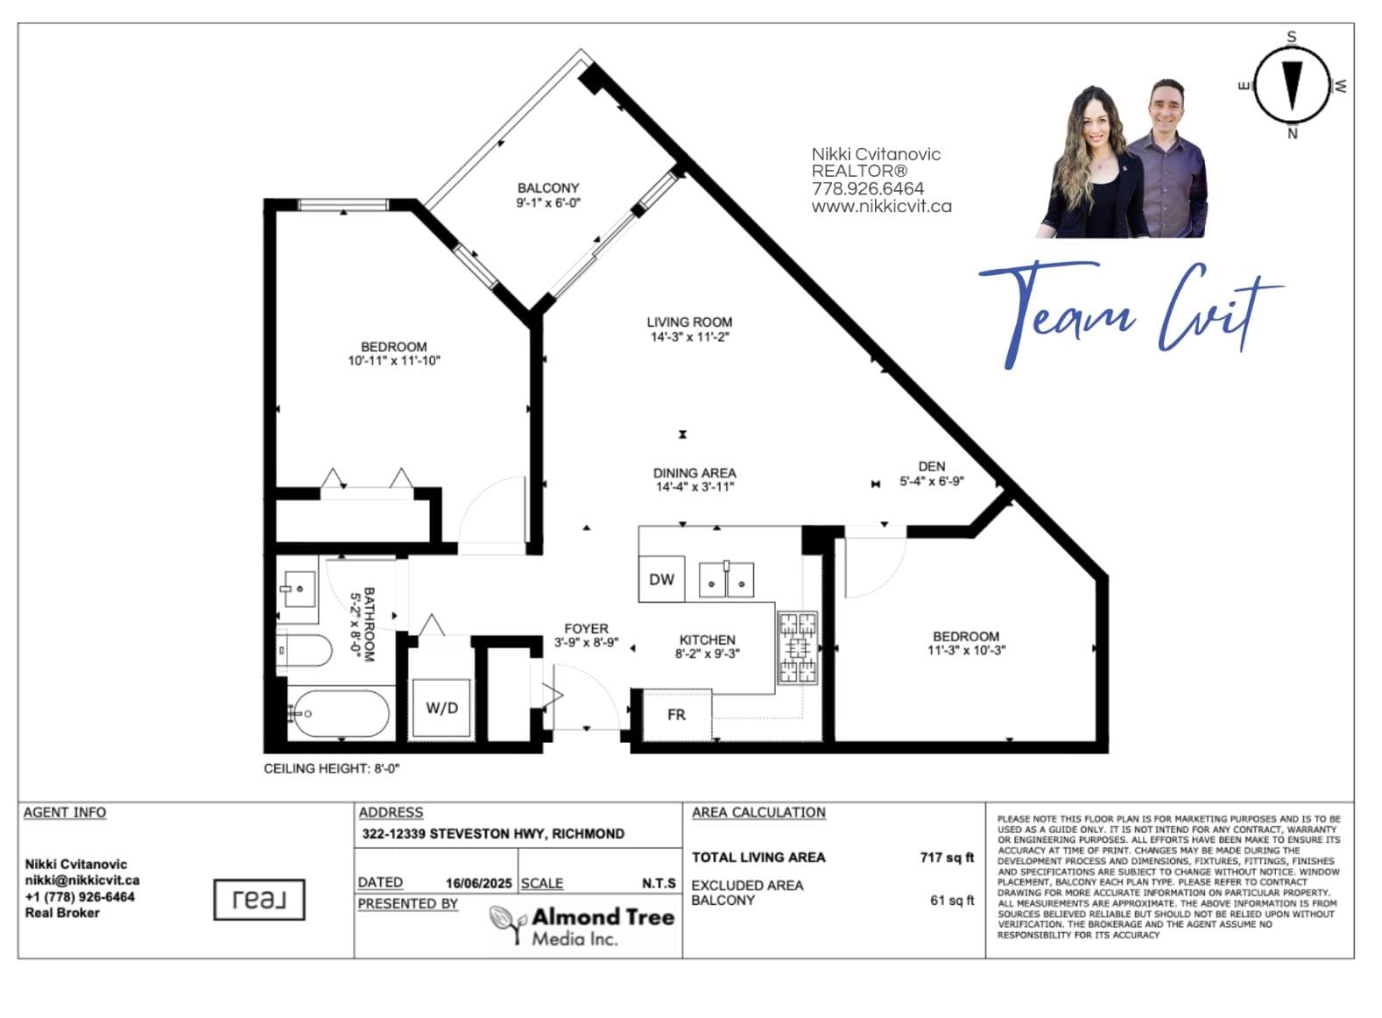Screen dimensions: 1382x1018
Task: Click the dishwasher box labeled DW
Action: pos(661,579)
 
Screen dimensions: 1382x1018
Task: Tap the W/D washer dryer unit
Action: pos(441,708)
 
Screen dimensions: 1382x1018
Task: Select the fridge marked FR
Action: pos(677,715)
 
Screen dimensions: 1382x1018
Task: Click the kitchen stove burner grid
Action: pos(798,647)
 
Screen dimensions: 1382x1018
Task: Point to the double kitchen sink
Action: pos(726,580)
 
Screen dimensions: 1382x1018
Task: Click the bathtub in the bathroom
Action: pos(340,714)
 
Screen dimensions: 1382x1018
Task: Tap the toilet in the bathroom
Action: pos(304,650)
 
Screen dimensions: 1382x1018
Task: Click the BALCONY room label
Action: pos(548,187)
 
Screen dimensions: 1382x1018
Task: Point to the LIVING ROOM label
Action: pos(689,322)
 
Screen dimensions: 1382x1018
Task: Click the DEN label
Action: pos(932,467)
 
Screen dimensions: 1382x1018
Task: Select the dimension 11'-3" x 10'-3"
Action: pos(966,650)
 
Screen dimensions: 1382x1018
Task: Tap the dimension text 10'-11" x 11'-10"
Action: pos(393,361)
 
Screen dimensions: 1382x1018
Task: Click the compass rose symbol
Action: pos(1293,87)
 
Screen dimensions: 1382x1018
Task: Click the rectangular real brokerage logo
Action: pos(259,900)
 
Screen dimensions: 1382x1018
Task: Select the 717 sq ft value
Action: pos(947,858)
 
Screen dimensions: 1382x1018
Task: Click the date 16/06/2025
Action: pos(479,883)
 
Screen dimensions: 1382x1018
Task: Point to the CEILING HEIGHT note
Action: pos(332,768)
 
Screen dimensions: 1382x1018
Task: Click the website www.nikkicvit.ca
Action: pos(882,206)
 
